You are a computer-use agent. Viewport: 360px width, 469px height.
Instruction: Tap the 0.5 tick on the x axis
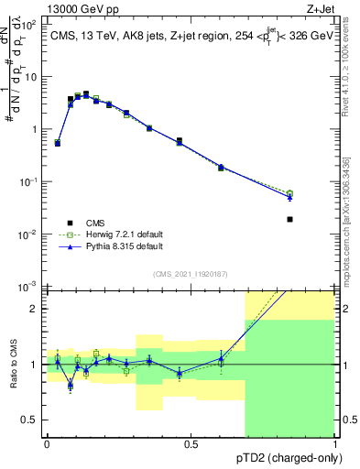click(x=191, y=444)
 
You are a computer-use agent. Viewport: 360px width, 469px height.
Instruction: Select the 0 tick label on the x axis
click(x=47, y=444)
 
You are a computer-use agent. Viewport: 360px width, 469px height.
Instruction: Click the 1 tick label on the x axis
click(x=334, y=444)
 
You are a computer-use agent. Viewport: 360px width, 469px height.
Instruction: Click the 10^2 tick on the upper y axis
click(x=33, y=25)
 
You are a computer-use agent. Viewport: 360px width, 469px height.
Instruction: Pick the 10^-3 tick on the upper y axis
click(x=33, y=288)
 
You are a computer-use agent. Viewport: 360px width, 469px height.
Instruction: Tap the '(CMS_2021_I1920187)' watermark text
click(x=191, y=273)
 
